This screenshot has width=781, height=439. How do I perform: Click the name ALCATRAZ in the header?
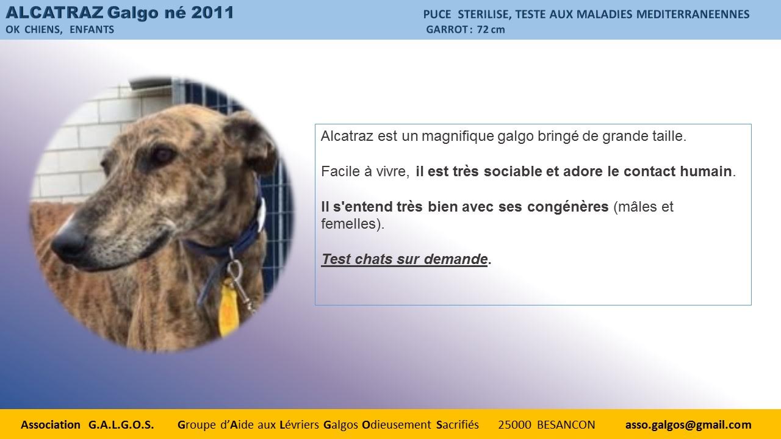pyautogui.click(x=54, y=13)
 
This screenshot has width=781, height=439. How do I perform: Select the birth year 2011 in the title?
pyautogui.click(x=212, y=13)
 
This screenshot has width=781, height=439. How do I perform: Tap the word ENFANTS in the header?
pyautogui.click(x=92, y=30)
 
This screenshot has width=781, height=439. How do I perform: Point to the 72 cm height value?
pyautogui.click(x=491, y=30)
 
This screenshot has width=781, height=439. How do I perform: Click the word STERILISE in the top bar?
pyautogui.click(x=484, y=15)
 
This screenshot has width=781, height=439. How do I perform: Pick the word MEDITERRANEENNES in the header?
pyautogui.click(x=693, y=14)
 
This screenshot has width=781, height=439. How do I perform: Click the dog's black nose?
pyautogui.click(x=69, y=242)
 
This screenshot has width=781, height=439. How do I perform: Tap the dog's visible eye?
pyautogui.click(x=162, y=154)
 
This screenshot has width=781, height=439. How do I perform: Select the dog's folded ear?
pyautogui.click(x=251, y=143)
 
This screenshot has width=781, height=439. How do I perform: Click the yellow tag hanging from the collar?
pyautogui.click(x=228, y=309)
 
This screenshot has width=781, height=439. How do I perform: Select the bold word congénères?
pyautogui.click(x=567, y=207)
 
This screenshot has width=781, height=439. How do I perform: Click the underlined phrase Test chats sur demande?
pyautogui.click(x=405, y=259)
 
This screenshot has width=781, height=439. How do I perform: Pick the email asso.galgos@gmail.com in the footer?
pyautogui.click(x=688, y=425)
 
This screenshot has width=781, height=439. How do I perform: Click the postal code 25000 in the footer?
pyautogui.click(x=514, y=425)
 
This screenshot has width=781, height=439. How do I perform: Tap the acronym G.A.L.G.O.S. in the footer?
pyautogui.click(x=121, y=425)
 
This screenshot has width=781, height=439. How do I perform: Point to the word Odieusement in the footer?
pyautogui.click(x=397, y=425)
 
